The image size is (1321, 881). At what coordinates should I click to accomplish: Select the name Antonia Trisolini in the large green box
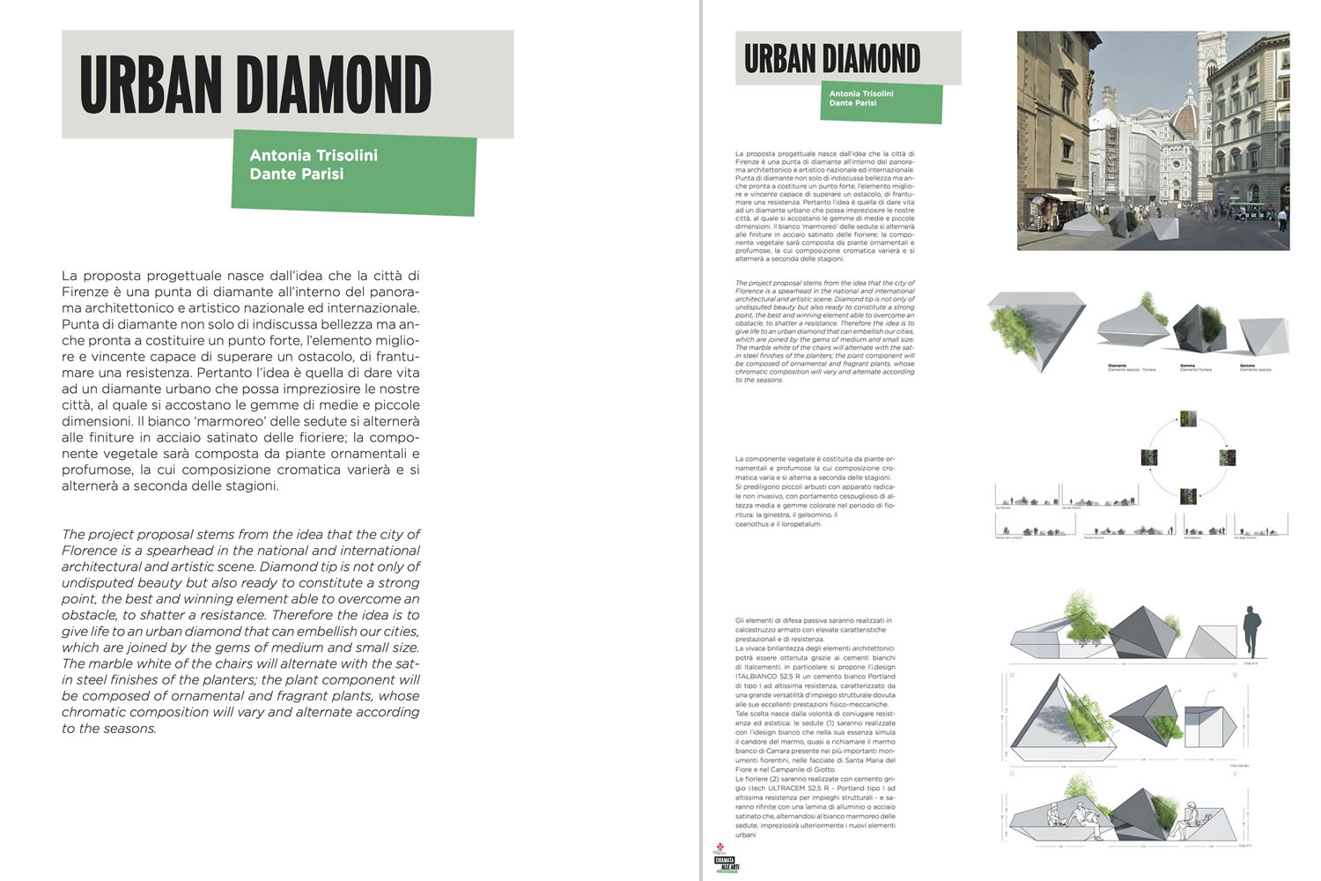point(314,155)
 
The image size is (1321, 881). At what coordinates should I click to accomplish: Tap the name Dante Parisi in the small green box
point(852,103)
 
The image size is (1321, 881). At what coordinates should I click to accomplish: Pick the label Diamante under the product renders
point(1118,365)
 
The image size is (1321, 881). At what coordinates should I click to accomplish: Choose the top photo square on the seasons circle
point(1188,418)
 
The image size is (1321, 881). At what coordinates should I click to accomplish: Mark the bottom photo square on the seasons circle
point(1188,496)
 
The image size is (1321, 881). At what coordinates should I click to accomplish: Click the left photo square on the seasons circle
point(1148,457)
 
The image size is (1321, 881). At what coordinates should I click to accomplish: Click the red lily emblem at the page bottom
point(720,848)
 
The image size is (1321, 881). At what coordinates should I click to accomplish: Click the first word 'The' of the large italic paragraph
point(73,535)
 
